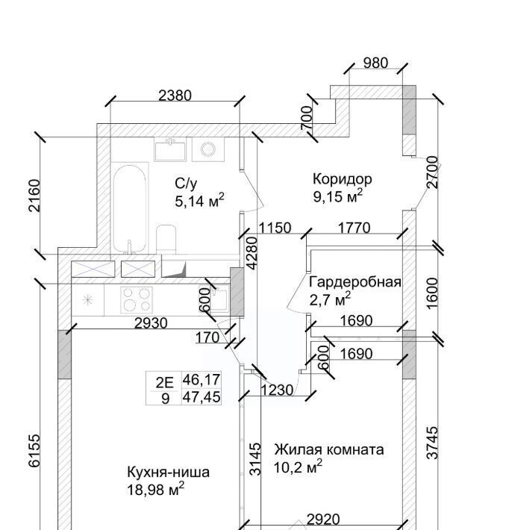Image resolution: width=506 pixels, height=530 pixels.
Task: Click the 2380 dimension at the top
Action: pyautogui.click(x=175, y=95)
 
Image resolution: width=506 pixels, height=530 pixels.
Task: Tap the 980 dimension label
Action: pyautogui.click(x=375, y=63)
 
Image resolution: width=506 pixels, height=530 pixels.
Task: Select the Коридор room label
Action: pyautogui.click(x=342, y=179)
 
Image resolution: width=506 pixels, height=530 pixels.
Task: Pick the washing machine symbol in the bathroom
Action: pyautogui.click(x=207, y=149)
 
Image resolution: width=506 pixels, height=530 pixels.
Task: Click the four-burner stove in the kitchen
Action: pyautogui.click(x=137, y=299)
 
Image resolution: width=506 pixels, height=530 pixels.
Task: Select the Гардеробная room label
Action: pyautogui.click(x=355, y=282)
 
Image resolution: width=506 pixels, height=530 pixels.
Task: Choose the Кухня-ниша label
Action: pyautogui.click(x=168, y=472)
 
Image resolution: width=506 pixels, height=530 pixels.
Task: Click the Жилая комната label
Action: pyautogui.click(x=328, y=449)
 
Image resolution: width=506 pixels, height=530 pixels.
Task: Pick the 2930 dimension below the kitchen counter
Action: pyautogui.click(x=151, y=323)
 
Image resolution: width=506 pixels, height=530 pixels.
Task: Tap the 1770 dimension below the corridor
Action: pyautogui.click(x=354, y=228)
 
